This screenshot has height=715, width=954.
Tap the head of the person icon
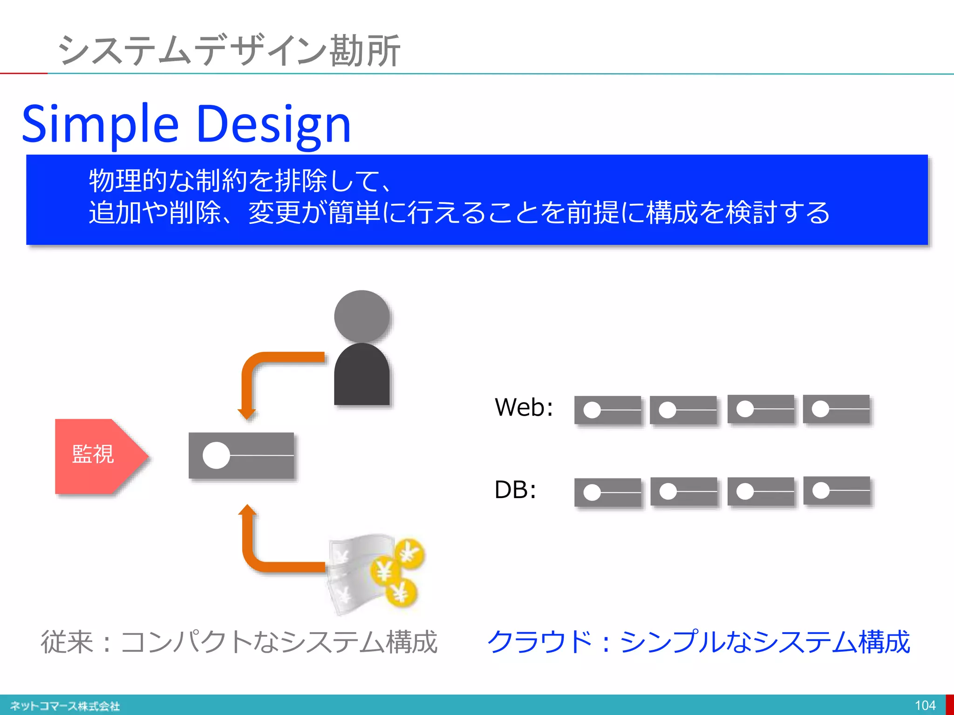click(362, 317)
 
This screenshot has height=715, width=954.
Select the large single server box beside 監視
click(241, 455)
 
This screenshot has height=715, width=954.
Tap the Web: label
click(524, 407)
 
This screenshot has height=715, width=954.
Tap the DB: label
click(515, 490)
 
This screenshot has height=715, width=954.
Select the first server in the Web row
click(607, 410)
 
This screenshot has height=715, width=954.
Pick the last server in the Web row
click(836, 409)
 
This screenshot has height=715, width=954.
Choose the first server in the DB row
click(607, 492)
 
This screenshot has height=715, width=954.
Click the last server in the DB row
click(837, 491)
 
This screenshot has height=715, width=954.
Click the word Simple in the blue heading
click(100, 124)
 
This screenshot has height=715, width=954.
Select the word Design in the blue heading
click(273, 124)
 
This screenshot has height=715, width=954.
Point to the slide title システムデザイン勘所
click(228, 50)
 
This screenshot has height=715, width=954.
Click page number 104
click(925, 705)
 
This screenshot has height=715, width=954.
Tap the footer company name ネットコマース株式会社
click(65, 706)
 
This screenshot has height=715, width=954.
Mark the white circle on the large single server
click(217, 455)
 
